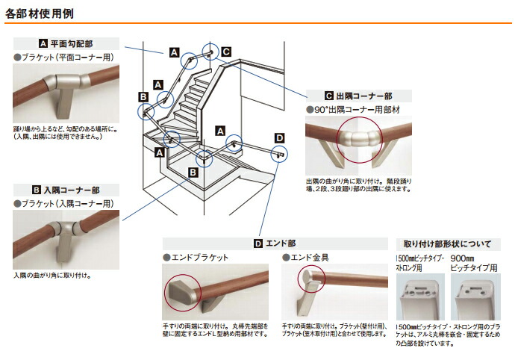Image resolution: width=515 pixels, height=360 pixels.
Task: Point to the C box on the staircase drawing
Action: (226, 51)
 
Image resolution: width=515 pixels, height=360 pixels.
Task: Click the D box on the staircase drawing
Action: (278, 138)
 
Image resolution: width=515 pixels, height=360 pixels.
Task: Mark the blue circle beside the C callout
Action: (210, 52)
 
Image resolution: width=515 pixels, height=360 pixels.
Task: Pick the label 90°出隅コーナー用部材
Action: (352, 110)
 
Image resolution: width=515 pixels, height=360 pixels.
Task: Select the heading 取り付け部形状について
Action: (447, 243)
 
